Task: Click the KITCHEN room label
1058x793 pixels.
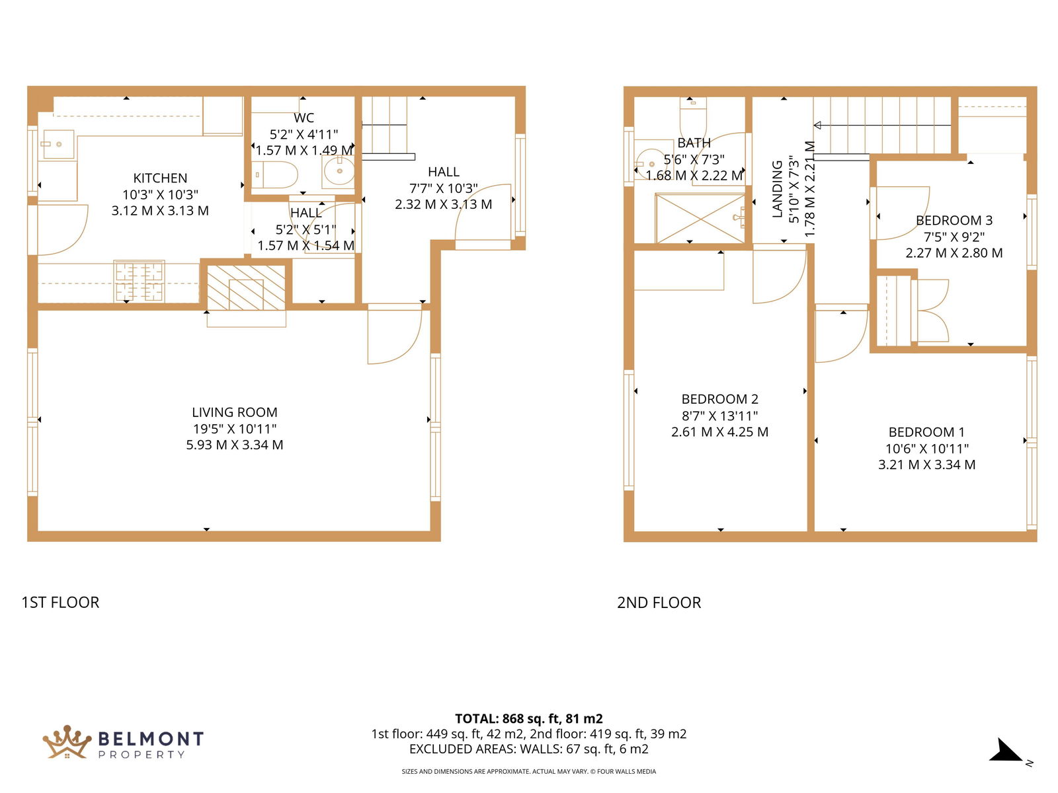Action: click(160, 178)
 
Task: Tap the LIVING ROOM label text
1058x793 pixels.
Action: click(235, 412)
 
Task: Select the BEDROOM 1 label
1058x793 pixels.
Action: click(926, 432)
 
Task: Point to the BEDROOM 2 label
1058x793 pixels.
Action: click(719, 398)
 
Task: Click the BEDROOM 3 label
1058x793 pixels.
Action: click(954, 220)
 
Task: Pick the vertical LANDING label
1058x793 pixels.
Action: click(777, 189)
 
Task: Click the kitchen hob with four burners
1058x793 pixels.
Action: click(140, 282)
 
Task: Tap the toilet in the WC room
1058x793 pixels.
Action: click(274, 174)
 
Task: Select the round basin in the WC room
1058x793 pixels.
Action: click(339, 170)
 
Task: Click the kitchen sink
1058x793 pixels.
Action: click(58, 144)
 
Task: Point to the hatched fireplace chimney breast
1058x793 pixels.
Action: click(246, 287)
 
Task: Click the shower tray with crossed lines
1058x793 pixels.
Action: click(700, 218)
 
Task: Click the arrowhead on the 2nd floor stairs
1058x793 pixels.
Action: click(817, 125)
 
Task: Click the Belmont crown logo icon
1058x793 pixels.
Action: click(67, 742)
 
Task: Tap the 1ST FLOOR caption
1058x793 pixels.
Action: click(60, 602)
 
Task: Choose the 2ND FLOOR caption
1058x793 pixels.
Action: click(659, 602)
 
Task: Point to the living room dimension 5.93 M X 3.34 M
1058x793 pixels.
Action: click(235, 444)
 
